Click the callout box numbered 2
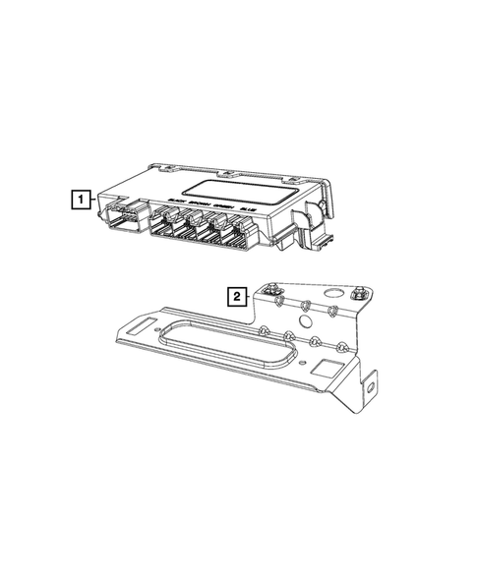pos(236,293)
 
